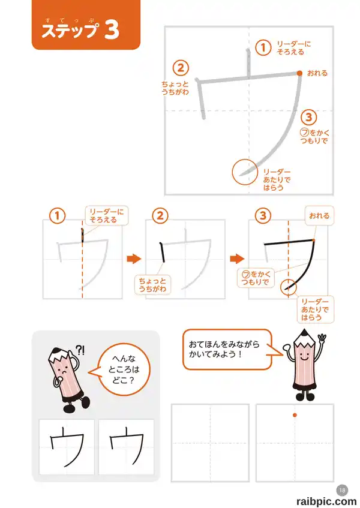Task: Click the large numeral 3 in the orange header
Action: click(112, 29)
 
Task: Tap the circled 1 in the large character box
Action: click(263, 47)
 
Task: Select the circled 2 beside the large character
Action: click(181, 68)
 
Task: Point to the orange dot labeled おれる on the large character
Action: click(300, 73)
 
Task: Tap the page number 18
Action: click(342, 491)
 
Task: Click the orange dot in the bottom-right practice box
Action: click(295, 415)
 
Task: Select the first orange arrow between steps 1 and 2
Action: click(134, 258)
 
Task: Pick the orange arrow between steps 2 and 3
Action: click(237, 258)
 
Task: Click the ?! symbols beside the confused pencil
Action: click(80, 350)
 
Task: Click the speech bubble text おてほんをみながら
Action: click(224, 344)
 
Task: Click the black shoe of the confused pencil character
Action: click(85, 402)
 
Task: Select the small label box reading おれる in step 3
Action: click(319, 216)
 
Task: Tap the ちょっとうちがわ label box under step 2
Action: click(152, 285)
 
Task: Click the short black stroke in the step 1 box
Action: click(82, 235)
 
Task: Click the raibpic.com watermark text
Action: click(326, 501)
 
